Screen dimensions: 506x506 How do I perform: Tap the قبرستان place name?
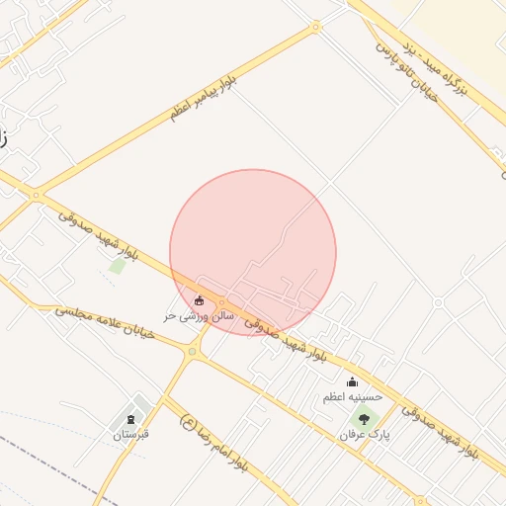[x=130, y=434]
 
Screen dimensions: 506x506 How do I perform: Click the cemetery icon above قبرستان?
[x=130, y=419]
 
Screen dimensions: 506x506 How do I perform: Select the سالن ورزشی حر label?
[x=199, y=315]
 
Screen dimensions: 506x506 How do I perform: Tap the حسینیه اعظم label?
[x=352, y=397]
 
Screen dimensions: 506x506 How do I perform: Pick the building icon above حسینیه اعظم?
[x=352, y=382]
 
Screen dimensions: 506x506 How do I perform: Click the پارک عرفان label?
[x=363, y=434]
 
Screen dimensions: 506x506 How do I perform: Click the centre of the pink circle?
[x=253, y=252]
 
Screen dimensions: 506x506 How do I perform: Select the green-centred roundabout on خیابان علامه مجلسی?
[x=192, y=351]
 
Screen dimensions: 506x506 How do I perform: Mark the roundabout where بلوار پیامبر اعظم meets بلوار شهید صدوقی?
[x=36, y=196]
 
